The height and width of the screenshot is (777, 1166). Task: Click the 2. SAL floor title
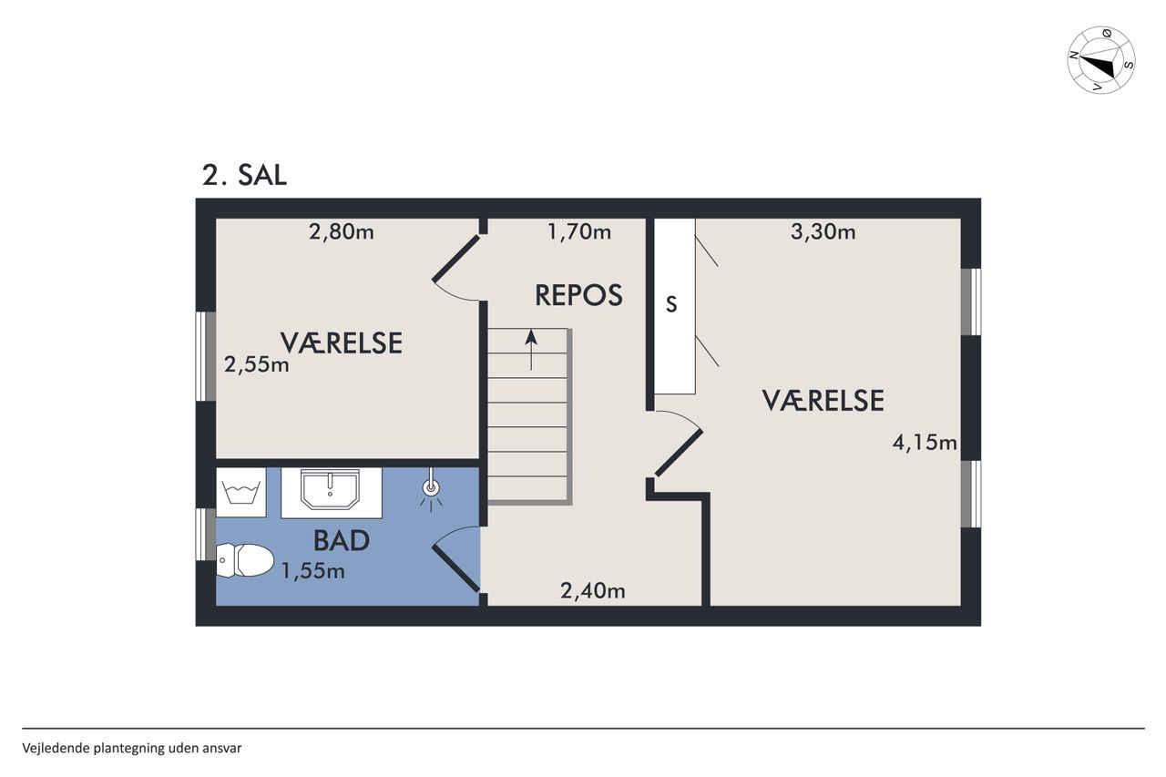[244, 175]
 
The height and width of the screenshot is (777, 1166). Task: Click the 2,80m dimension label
[342, 232]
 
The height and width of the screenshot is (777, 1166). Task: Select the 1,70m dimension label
[579, 231]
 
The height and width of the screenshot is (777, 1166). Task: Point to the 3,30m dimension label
[823, 232]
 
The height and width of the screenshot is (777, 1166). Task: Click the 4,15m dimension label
[925, 443]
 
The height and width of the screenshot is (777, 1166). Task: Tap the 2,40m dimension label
[593, 590]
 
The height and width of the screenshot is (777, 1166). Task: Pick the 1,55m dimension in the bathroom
[312, 571]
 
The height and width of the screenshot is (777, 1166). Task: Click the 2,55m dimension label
[257, 365]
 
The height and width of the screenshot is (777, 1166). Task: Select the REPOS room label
[578, 295]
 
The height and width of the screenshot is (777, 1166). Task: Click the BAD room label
[342, 541]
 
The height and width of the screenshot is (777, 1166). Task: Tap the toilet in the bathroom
[245, 560]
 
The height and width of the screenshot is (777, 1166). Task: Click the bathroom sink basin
[330, 489]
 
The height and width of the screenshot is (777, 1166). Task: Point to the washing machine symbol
[241, 492]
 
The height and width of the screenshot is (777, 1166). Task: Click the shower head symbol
[431, 488]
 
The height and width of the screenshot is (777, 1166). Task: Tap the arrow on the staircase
[531, 350]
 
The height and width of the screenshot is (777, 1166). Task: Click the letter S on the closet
[671, 304]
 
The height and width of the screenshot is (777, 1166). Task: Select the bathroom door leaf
[456, 568]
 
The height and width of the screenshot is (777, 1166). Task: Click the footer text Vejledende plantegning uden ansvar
[132, 749]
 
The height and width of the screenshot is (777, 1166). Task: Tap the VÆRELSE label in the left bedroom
[342, 343]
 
